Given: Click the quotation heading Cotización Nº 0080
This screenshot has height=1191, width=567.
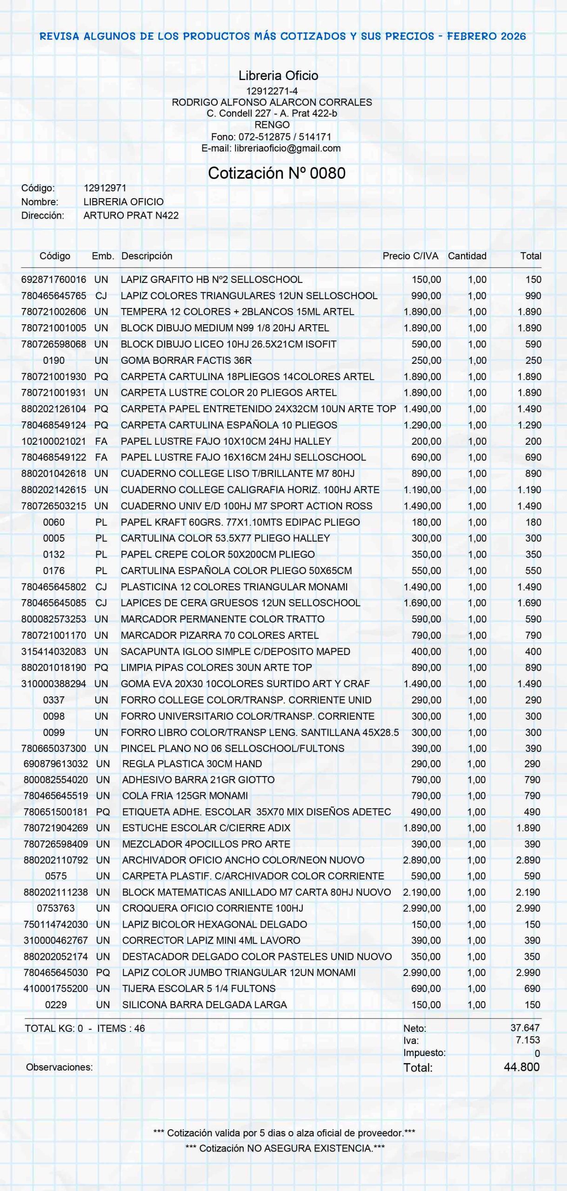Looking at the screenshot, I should pos(277,173).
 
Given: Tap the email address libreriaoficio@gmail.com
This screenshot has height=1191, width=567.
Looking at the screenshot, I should pos(287,148).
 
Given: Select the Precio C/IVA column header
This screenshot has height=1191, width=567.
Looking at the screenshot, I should pos(410,256).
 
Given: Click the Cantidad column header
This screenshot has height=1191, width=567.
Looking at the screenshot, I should pos(467,256).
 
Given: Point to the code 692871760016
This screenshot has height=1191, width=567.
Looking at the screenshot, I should pos(53,280).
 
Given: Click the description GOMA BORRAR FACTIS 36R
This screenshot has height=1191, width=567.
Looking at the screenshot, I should pos(186,361).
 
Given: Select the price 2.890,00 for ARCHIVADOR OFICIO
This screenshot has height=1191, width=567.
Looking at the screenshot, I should pos(421,860).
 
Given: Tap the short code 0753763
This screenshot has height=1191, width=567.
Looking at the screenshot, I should pos(56,908).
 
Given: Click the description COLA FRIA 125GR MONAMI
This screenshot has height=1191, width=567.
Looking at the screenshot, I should pos(185,796).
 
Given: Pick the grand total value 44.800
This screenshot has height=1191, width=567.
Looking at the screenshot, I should pos(521,1067).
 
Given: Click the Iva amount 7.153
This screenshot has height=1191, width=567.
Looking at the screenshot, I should pos(527,1040).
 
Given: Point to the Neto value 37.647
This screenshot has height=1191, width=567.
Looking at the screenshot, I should pos(525,1028).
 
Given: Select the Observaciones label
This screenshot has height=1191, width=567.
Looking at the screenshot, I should pos(60,1067).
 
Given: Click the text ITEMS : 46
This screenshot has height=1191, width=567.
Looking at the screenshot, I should pos(121,1028).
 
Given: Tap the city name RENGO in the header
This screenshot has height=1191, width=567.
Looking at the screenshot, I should pos(272,125).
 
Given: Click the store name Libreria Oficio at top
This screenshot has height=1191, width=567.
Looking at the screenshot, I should pos(278,75).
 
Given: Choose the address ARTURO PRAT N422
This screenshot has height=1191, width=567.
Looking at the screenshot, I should pos(131,215).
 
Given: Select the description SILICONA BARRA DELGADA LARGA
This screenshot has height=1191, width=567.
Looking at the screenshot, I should pos(204,1005).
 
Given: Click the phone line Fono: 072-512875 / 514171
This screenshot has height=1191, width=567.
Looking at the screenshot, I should pos(271,137).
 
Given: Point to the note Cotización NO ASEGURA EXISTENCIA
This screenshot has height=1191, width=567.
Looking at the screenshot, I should pos(285,1148).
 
